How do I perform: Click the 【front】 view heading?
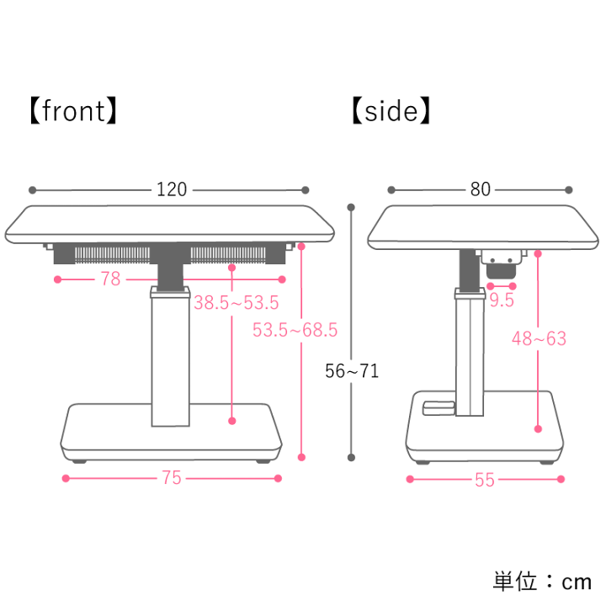coord(73,111)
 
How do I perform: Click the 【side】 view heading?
coord(391,111)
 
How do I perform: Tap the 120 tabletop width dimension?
coord(172,189)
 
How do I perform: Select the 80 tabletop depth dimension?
coord(481,189)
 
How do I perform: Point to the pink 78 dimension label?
coord(110,279)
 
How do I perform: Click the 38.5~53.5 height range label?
coord(237,303)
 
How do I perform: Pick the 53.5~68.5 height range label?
coord(295,330)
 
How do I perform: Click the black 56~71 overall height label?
coord(352,371)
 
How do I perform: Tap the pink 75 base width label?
coord(172,478)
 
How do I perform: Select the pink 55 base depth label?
coord(485,480)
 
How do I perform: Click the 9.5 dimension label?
coord(502,300)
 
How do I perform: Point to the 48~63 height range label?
coord(539,338)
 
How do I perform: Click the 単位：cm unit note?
coord(542,582)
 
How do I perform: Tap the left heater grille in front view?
coord(112,256)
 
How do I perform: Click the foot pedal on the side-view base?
coord(439,407)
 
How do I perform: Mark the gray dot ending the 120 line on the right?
coord(305,189)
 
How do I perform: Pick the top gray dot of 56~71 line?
coord(351,208)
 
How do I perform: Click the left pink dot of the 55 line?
coord(410,479)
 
